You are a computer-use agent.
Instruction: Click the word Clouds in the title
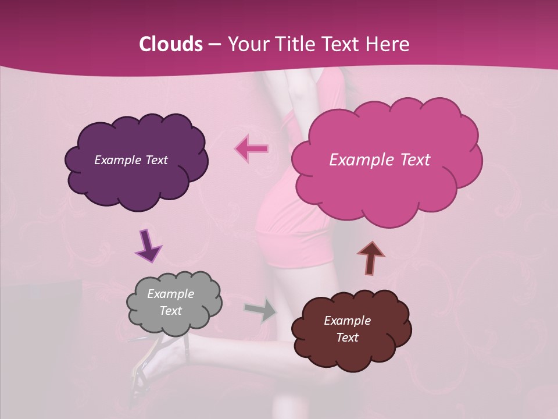170,44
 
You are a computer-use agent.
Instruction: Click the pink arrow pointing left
252,148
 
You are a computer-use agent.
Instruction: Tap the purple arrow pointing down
148,246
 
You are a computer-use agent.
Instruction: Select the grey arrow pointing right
260,310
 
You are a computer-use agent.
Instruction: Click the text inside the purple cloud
131,160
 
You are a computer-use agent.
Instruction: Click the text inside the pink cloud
380,160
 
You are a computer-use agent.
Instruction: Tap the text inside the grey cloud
170,302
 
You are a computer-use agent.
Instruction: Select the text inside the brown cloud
347,329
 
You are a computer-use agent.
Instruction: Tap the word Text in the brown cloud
347,338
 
